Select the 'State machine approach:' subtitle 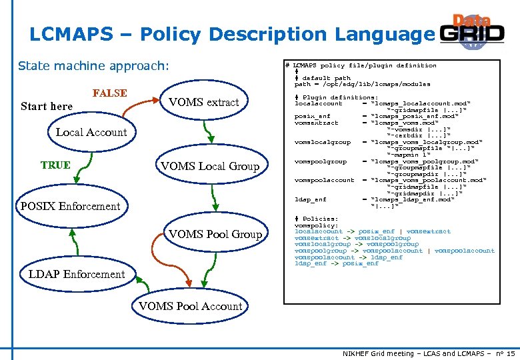point(94,66)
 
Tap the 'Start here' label point(47,107)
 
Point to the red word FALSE point(109,93)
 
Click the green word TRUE point(55,165)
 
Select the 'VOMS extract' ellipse point(203,103)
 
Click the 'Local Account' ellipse point(91,133)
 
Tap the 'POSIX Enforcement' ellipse point(71,206)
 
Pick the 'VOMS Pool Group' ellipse point(215,234)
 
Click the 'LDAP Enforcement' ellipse point(77,274)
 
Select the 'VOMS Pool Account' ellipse point(190,307)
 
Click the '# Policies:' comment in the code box point(317,219)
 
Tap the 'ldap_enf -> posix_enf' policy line point(336,263)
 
